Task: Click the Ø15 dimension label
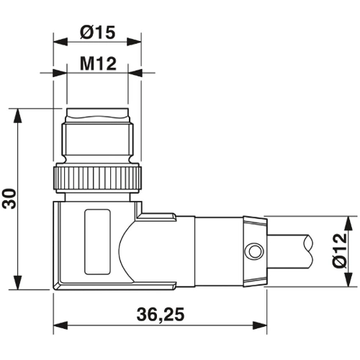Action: pyautogui.click(x=97, y=33)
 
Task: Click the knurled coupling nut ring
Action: pyautogui.click(x=96, y=177)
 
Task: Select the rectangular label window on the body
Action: pyautogui.click(x=94, y=241)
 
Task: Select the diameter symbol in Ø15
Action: pyautogui.click(x=85, y=33)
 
